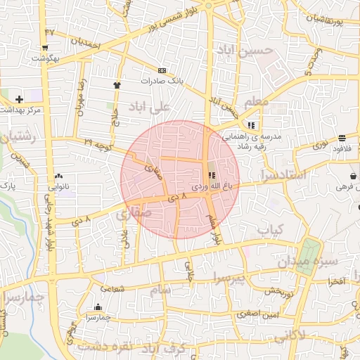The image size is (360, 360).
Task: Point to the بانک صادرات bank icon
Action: pos(162,70)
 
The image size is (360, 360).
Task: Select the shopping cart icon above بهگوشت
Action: pos(45,48)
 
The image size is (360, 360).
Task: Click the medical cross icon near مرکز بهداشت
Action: pos(19,99)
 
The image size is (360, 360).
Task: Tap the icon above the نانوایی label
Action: pos(58,176)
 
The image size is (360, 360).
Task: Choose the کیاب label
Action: pos(269,229)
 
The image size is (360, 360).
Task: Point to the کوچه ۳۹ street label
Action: pos(98,143)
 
